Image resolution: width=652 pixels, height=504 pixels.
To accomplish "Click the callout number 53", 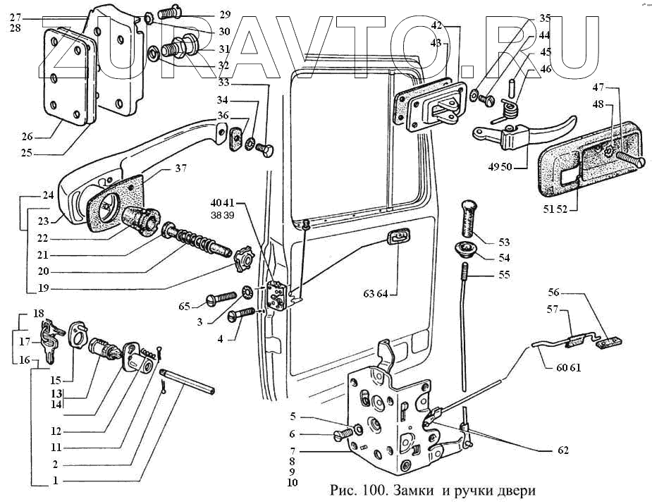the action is click(x=504, y=242).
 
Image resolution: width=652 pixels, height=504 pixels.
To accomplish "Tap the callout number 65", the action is click(x=184, y=307).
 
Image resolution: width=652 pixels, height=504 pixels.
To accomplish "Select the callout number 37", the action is click(x=181, y=168).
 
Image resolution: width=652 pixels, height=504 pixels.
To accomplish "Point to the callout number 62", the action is click(x=562, y=450).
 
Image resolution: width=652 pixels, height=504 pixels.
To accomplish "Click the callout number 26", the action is click(x=27, y=136).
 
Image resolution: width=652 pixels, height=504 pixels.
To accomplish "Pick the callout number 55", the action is click(x=504, y=274).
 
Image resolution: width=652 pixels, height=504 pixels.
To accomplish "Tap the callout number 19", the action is click(x=43, y=288).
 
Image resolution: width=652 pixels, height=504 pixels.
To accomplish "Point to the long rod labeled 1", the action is click(x=187, y=381).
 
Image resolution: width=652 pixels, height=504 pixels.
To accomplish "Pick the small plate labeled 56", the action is click(x=609, y=342).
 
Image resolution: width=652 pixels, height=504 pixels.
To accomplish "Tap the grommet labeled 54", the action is click(x=465, y=250).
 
